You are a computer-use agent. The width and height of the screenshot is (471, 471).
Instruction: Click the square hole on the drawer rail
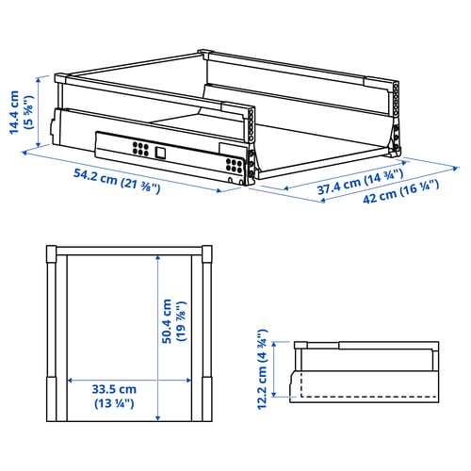point(160,153)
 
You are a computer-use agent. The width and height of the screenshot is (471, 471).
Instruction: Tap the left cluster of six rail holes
point(140,149)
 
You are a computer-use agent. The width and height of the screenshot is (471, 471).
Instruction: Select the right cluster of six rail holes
point(235,166)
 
